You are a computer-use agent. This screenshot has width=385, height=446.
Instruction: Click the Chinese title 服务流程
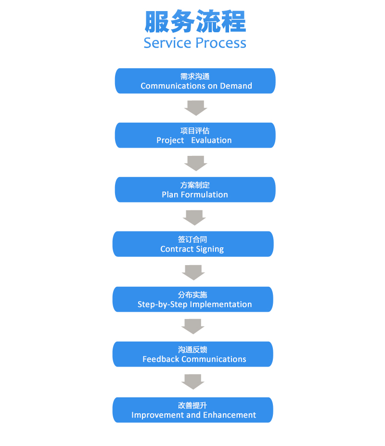point(195,21)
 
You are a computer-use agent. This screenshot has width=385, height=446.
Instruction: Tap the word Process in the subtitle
point(221,43)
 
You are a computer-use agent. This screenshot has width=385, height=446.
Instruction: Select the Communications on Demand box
point(195,81)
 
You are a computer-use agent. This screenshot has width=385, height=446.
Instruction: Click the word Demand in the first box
point(236,86)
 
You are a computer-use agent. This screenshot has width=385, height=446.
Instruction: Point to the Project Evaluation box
point(195,135)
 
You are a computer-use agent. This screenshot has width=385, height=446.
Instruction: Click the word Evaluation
point(211,140)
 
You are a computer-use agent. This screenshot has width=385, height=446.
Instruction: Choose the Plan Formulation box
point(195,190)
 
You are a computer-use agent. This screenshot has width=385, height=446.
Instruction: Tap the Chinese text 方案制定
point(195,185)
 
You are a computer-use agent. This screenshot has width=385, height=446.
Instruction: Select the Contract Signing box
point(193,244)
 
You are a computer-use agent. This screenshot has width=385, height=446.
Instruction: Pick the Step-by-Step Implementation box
point(193,299)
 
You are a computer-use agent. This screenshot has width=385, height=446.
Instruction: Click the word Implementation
point(221,305)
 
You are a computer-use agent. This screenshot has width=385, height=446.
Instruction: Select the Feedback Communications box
point(193,354)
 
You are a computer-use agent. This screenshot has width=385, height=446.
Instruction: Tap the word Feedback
point(161,359)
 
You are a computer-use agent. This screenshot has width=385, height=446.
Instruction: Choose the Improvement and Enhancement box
point(193,410)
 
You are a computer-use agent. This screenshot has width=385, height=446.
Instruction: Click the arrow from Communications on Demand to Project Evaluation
point(196,108)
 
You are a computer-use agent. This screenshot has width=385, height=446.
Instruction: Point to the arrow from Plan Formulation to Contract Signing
point(194,218)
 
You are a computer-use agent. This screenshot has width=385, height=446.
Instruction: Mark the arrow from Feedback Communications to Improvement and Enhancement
point(193,382)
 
